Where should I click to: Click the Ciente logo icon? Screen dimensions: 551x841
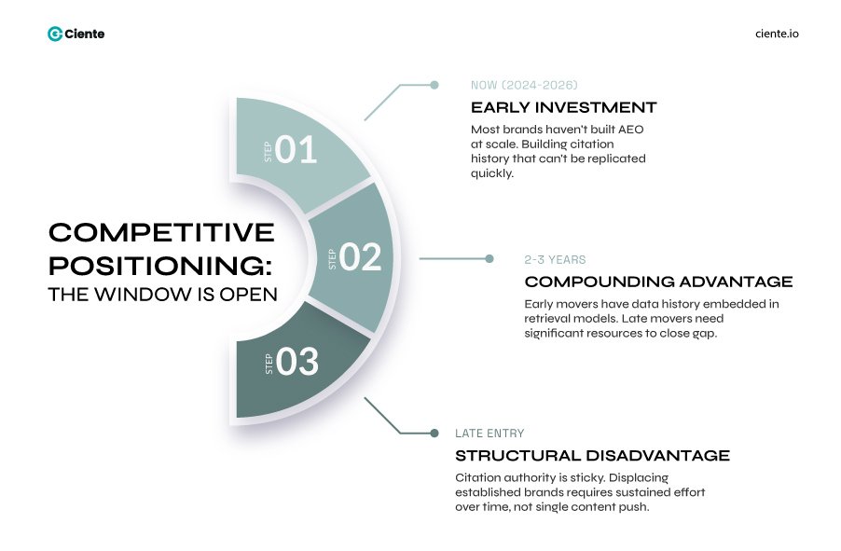point(55,34)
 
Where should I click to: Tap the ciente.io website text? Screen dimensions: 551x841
point(777,34)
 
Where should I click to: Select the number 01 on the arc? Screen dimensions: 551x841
point(296,150)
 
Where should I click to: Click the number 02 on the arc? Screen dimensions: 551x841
point(361,257)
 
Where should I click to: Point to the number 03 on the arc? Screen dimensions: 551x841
point(297,362)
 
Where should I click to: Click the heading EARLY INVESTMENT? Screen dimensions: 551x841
point(563,107)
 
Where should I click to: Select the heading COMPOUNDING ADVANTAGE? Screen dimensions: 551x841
point(658,282)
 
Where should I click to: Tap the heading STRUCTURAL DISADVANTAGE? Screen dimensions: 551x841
point(592,456)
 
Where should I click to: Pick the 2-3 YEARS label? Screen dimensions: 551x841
point(555,259)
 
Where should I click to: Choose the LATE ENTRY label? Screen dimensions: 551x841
point(489,434)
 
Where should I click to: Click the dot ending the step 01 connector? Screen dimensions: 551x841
point(434,85)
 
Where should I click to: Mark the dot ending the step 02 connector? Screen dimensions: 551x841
point(489,258)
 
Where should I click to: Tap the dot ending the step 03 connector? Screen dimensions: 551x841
point(434,433)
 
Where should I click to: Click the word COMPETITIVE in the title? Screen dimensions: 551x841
point(161,232)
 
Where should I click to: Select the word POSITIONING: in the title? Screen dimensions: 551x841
point(161,265)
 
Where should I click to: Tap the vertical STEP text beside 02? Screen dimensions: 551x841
point(333,258)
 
